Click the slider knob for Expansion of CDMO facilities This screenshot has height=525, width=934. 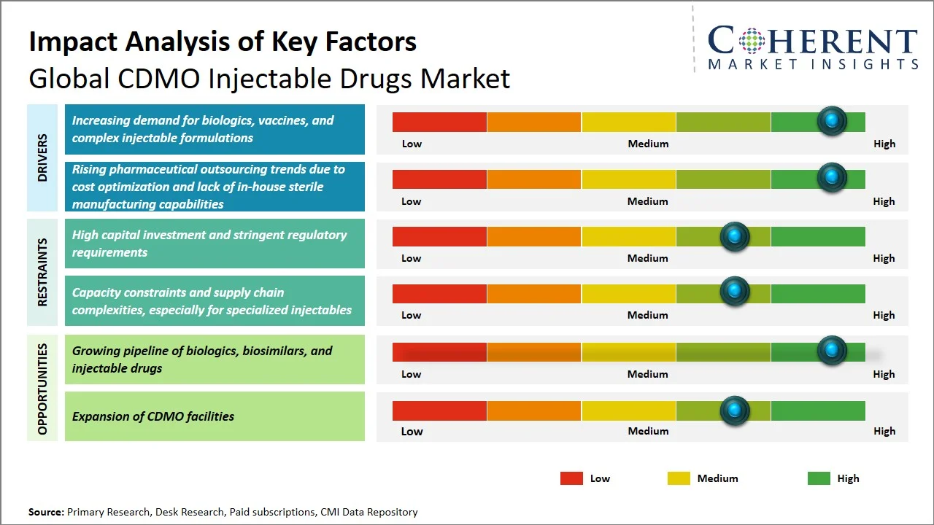735,411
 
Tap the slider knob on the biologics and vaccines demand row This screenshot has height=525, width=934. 832,121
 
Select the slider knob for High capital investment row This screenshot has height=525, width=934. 735,236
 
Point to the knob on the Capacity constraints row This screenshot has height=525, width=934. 735,292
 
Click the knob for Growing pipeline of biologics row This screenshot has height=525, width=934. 832,351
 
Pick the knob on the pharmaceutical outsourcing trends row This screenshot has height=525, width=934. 832,177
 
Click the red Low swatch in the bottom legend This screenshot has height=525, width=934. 571,478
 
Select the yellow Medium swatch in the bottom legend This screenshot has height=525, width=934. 679,478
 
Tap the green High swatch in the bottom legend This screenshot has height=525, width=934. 819,478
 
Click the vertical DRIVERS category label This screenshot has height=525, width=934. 42,157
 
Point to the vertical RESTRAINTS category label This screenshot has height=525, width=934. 42,272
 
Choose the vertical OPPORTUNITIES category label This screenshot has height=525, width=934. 42,389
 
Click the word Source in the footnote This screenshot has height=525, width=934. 46,512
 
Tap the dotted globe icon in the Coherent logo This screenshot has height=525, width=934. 751,41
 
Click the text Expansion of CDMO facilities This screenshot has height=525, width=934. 153,416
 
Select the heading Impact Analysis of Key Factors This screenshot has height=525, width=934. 223,42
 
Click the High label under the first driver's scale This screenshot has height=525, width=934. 884,144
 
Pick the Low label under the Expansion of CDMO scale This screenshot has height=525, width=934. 412,431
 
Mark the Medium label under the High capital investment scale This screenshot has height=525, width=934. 648,258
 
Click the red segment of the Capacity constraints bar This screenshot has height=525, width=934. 439,293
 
